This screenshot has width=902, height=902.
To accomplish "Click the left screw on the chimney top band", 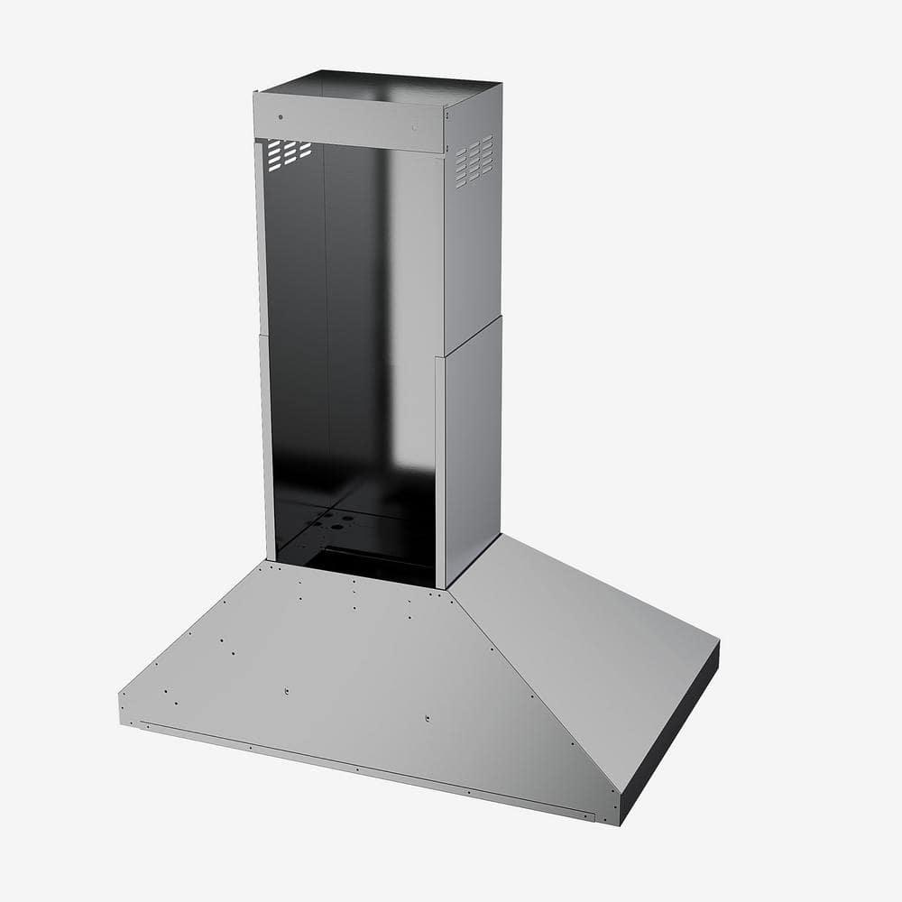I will point(281,116).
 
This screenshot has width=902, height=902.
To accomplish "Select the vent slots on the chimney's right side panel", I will point(474,161).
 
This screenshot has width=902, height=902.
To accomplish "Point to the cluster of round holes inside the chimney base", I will point(330,521).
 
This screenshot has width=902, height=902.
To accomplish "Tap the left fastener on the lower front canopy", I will point(285,692).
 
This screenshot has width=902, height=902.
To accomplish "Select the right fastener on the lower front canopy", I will point(427,719).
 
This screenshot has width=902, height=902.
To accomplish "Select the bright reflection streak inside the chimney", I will point(397,343).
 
